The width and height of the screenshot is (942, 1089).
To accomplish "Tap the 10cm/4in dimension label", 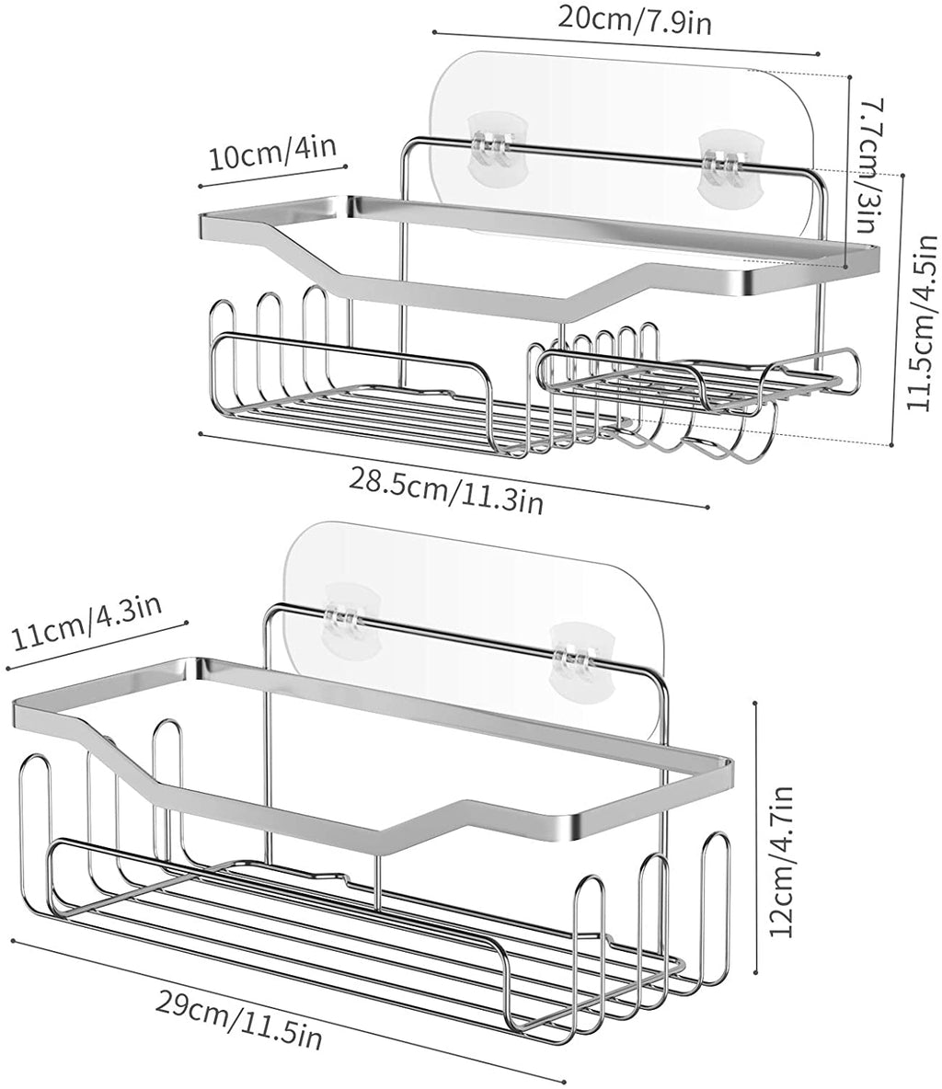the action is pyautogui.click(x=273, y=152).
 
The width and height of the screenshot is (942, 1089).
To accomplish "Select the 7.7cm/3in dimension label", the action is pyautogui.click(x=868, y=166).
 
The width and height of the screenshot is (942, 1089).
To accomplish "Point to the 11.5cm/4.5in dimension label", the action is pyautogui.click(x=924, y=324).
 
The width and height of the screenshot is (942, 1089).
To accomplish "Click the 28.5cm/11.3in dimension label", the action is pyautogui.click(x=445, y=491).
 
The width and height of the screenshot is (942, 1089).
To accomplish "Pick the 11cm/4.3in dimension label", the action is pyautogui.click(x=86, y=622).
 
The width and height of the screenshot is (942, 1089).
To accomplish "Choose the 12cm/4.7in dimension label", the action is pyautogui.click(x=782, y=861).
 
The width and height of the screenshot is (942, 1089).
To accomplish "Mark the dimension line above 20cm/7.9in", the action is pyautogui.click(x=626, y=42).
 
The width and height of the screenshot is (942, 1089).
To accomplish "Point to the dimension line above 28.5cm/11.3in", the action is pyautogui.click(x=454, y=470).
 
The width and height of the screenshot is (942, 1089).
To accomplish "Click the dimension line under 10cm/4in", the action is pyautogui.click(x=272, y=176).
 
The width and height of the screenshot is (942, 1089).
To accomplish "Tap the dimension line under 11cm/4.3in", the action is pyautogui.click(x=97, y=646).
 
